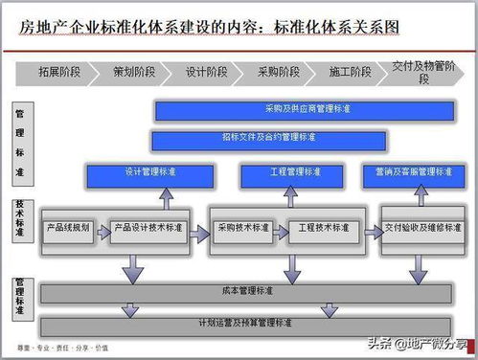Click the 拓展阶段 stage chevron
pos(59,72)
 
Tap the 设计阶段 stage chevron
pos(205,72)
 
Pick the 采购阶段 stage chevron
pos(278,72)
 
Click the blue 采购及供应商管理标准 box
pos(307,110)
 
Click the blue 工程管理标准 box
pos(292,174)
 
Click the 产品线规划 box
pos(69,229)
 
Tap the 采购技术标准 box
pos(244,229)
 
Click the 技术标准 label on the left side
pos(19,221)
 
